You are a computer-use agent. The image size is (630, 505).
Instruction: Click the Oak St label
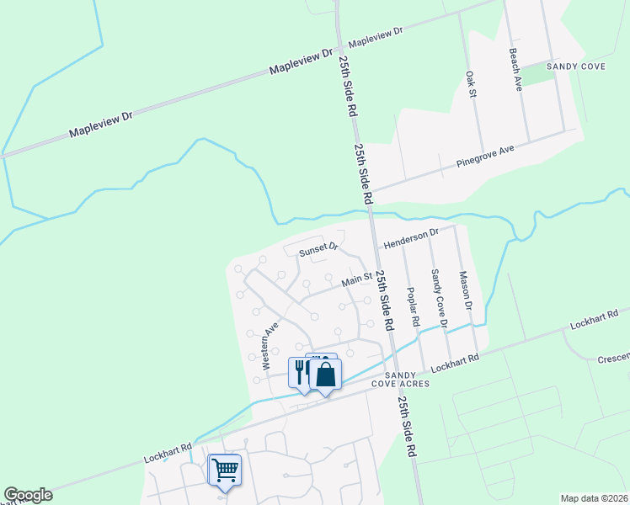point(472,84)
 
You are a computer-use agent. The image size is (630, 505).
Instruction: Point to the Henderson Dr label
point(412,237)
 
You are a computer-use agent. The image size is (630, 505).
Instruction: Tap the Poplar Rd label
point(413,306)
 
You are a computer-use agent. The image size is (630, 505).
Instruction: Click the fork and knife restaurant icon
point(301,370)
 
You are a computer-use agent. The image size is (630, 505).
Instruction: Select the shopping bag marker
point(325,375)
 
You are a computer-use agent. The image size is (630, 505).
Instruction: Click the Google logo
point(28,495)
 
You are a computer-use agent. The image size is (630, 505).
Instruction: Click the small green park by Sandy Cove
point(547,73)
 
